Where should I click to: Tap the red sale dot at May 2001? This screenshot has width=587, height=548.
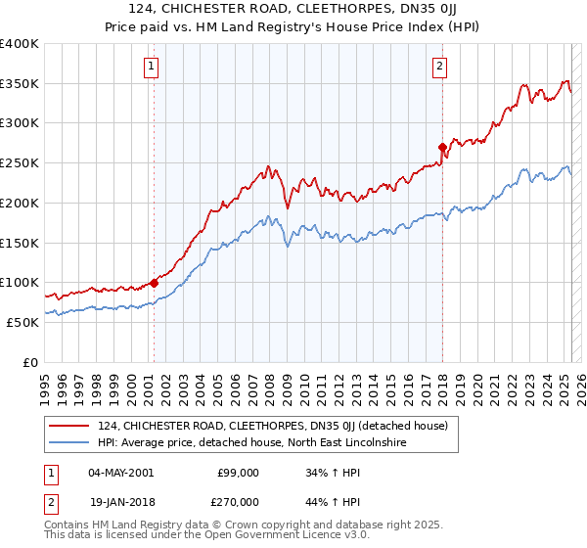[155, 283]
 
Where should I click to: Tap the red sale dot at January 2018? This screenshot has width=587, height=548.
[442, 148]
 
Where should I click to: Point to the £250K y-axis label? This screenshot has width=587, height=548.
[20, 163]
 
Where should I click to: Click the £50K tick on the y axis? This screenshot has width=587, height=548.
[23, 322]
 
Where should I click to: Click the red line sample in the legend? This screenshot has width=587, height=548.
[69, 426]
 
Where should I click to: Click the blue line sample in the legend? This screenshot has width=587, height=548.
[69, 442]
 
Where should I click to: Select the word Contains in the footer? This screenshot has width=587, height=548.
[69, 526]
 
